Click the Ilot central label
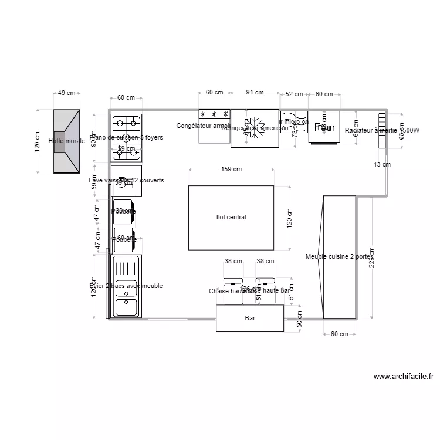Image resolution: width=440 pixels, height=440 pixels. click(x=231, y=218)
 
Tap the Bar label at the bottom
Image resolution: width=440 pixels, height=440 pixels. click(x=250, y=319)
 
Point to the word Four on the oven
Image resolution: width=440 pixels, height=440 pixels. click(x=324, y=127)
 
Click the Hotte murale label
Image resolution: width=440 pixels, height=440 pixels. click(x=66, y=141)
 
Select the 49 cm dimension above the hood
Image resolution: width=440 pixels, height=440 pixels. click(x=66, y=93)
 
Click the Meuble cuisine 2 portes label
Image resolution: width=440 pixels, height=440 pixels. click(x=339, y=256)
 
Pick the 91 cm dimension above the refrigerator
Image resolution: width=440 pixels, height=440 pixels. click(x=254, y=93)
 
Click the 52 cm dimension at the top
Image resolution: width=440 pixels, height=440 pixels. click(x=294, y=94)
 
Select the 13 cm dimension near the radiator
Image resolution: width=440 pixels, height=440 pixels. click(x=382, y=165)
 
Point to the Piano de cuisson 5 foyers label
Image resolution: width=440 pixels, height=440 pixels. click(x=126, y=138)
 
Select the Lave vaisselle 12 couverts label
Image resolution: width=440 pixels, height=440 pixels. click(x=126, y=181)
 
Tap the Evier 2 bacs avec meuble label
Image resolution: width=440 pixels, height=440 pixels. click(x=126, y=286)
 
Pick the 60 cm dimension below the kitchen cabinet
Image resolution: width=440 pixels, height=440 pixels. click(x=339, y=334)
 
